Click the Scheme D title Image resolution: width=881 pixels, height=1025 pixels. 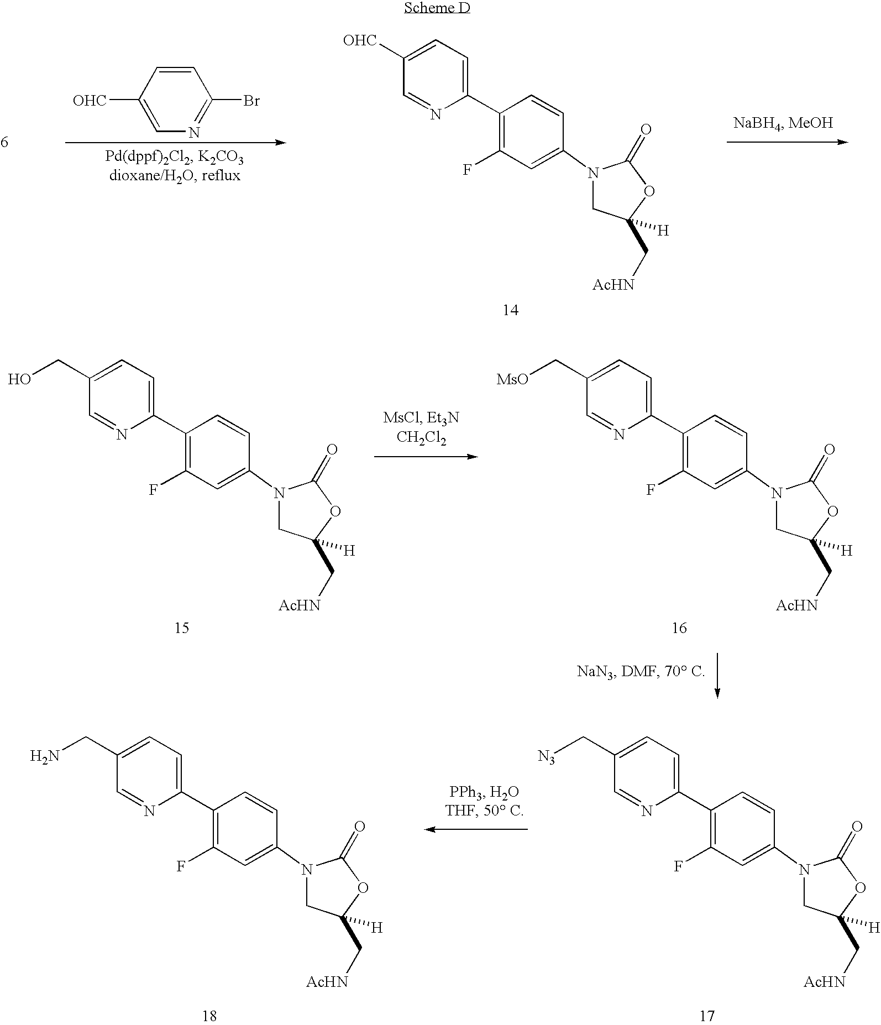coord(437,8)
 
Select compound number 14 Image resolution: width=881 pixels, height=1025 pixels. coord(510,310)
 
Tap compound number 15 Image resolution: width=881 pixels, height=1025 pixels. coord(181,627)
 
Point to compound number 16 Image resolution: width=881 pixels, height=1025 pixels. coord(679,627)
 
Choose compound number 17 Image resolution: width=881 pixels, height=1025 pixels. coord(707,1016)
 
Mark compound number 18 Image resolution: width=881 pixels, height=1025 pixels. coord(209,1016)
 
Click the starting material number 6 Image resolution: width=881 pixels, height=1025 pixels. coord(4,143)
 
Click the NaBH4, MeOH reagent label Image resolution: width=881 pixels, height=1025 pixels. coord(783,123)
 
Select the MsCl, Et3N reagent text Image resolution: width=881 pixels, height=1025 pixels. coord(421,418)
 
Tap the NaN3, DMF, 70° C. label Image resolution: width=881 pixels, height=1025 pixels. coord(641,672)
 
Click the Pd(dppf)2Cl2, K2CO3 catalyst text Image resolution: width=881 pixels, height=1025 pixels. coord(175,158)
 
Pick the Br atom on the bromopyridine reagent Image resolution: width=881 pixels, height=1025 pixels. coord(251,101)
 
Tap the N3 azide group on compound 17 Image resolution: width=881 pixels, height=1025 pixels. coord(547,756)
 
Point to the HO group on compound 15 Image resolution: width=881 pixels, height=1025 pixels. coord(19,379)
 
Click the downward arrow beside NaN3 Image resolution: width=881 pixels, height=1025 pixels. coord(717,676)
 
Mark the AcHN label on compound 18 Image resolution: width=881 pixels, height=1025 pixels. coord(328,982)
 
